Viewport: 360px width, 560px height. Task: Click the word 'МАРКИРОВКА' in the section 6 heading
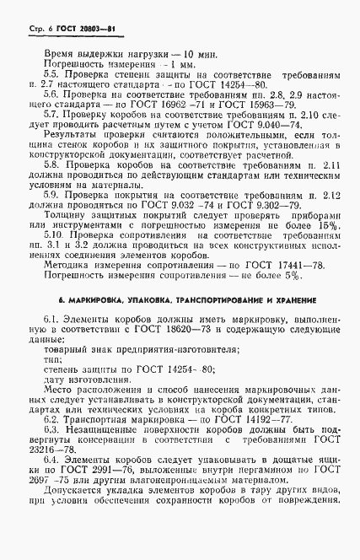tap(100, 371)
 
